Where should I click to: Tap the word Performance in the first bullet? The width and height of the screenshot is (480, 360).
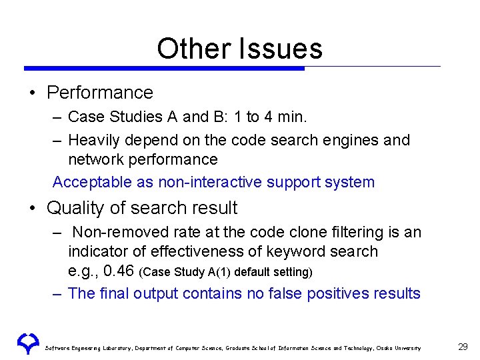point(100,93)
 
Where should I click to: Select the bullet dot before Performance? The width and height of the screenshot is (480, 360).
point(32,93)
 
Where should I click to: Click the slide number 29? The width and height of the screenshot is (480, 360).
point(463,347)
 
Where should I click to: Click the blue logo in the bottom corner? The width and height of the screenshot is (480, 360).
point(27,344)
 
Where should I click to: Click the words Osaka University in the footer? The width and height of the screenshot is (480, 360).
point(399,348)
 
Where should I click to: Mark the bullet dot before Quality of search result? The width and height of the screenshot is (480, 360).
point(32,209)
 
